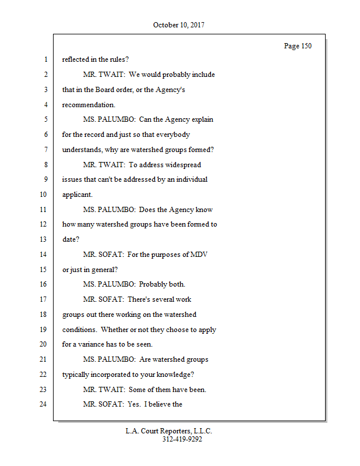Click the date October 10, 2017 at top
(x=179, y=25)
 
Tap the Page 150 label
(x=298, y=46)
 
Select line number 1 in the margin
(x=45, y=59)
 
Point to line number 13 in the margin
(x=43, y=239)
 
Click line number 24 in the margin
(x=43, y=404)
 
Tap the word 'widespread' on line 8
(x=189, y=165)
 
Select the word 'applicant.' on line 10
(x=77, y=195)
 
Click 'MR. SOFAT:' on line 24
(x=103, y=404)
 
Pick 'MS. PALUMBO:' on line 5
(x=109, y=119)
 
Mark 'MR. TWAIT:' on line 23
(x=104, y=390)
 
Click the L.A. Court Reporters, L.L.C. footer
(x=169, y=431)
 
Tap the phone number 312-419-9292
(x=182, y=439)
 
